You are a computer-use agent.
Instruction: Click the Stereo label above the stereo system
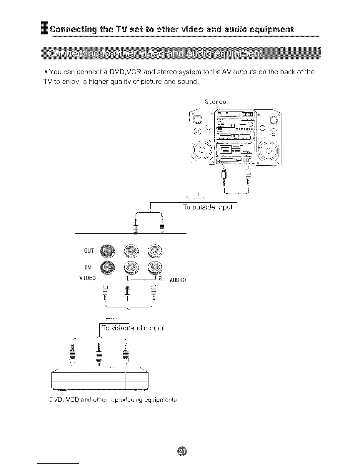click(x=215, y=102)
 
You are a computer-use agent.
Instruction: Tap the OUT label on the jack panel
click(x=89, y=251)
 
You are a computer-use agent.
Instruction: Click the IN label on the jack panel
click(x=88, y=267)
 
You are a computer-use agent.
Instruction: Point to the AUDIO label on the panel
click(x=178, y=280)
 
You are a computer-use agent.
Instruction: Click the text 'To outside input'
click(x=208, y=207)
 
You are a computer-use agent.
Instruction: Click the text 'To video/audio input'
click(x=133, y=328)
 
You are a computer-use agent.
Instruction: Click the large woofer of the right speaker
click(x=269, y=151)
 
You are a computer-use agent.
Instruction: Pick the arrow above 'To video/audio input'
click(x=112, y=317)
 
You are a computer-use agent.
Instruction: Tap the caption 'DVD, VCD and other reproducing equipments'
click(x=113, y=400)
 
